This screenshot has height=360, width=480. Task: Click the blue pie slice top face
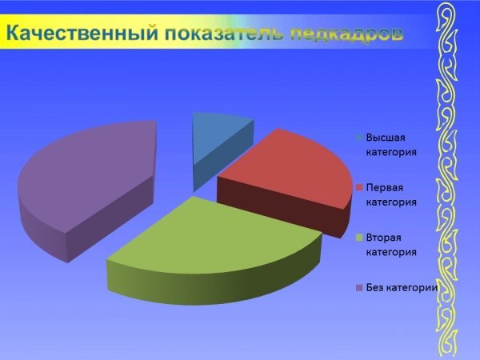tap(218, 138)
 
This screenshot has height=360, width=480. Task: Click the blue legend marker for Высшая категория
tap(359, 138)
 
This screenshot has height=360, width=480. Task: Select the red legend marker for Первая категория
tap(359, 187)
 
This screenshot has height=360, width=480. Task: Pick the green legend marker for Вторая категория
tap(359, 238)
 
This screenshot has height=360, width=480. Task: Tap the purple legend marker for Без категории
tap(359, 288)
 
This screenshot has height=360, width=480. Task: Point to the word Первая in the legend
tap(385, 187)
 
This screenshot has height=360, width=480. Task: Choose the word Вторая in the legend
tap(383, 238)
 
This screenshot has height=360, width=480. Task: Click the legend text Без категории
tap(402, 288)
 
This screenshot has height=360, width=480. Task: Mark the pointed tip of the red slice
tap(218, 177)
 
